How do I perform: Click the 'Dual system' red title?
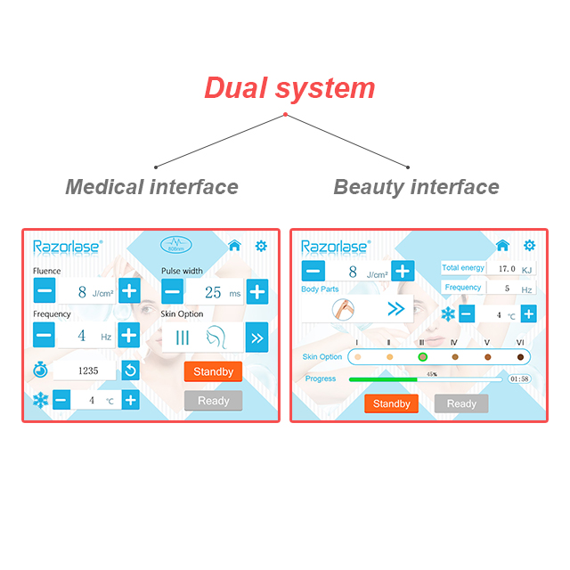point(289,88)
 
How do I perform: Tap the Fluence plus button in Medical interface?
point(129,290)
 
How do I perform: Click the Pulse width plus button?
point(257,290)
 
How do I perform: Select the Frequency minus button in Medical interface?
point(45,335)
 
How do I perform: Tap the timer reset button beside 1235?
point(131,370)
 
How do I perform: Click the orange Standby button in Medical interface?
point(213,371)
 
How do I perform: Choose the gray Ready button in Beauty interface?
point(461,403)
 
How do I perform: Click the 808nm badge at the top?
point(176,244)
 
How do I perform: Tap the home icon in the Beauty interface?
point(502,245)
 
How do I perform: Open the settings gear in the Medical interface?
point(261,245)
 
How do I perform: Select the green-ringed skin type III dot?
point(422,357)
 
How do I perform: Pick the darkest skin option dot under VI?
point(520,357)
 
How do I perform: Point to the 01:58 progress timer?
point(519,379)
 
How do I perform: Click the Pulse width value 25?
point(213,291)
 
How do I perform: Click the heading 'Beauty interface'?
point(416,187)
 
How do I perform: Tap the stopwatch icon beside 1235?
point(41,370)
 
